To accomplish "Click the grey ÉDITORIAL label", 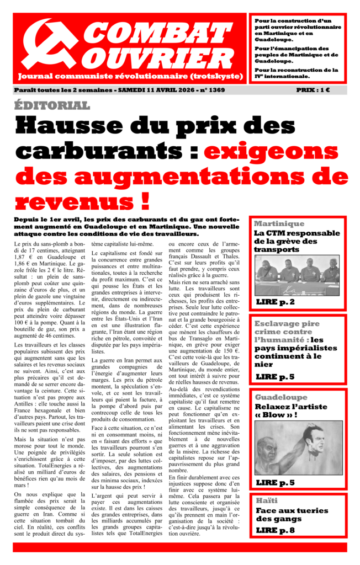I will (x=52, y=105).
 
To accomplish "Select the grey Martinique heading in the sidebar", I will (x=279, y=223).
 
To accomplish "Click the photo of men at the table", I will (x=297, y=275).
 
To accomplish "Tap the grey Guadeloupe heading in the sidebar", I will (x=281, y=397).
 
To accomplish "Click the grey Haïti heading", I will (x=266, y=500).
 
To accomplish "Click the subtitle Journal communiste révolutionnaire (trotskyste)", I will (x=130, y=76).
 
